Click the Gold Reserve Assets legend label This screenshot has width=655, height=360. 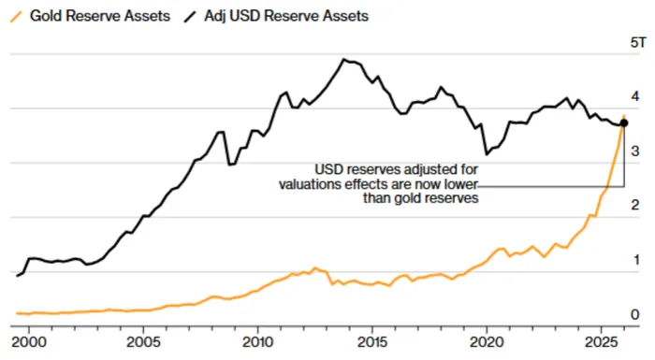point(100,16)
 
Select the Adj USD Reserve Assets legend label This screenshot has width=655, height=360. point(286,16)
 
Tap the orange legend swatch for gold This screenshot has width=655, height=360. point(16,17)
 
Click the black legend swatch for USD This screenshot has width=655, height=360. point(191,17)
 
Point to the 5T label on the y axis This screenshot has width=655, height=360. point(638,43)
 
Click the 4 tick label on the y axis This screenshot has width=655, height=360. point(635,96)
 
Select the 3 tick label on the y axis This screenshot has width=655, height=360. point(635,151)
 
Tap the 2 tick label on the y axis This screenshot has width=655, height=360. point(635,205)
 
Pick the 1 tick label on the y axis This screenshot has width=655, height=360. point(636,260)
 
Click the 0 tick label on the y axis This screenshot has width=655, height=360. point(635,314)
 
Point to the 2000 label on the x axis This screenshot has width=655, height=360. point(29,342)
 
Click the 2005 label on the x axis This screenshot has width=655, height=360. point(143,342)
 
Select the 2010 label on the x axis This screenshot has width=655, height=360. point(257,342)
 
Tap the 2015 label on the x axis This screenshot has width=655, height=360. point(372,342)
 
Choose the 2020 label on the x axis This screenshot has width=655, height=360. point(487,342)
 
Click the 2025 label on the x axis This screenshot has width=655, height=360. point(601,342)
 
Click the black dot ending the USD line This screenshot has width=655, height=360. point(624,122)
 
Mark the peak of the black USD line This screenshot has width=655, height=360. point(343,59)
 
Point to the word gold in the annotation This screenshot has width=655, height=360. point(410,197)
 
